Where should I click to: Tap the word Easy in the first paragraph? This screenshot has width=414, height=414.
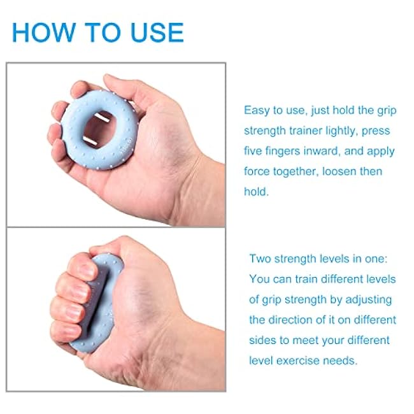tap(257, 110)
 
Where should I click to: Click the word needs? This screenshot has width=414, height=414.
tap(342, 360)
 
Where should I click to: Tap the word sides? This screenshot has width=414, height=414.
tap(263, 340)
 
